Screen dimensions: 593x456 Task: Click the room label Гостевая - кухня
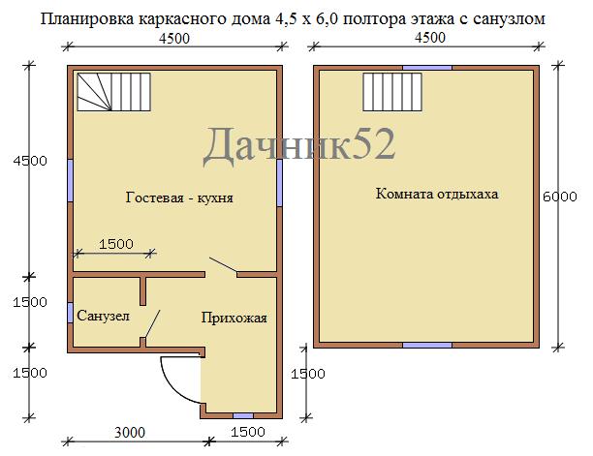[x=179, y=198]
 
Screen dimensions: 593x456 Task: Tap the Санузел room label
[x=104, y=316]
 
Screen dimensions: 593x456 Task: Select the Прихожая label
[x=234, y=318]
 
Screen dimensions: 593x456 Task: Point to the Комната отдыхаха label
[x=437, y=194]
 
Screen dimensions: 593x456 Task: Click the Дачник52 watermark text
[x=299, y=145]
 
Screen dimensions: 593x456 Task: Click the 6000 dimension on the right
[x=560, y=197]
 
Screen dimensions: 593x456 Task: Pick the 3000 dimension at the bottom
[x=130, y=432]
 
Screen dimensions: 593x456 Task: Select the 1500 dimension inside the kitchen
[x=116, y=244]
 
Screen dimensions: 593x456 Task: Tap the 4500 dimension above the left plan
[x=174, y=39]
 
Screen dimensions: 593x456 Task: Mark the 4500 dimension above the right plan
[x=430, y=38]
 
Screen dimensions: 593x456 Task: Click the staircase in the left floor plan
[x=113, y=92]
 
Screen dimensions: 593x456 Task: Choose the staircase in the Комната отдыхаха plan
[x=392, y=92]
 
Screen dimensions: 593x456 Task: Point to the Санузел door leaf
[x=152, y=323]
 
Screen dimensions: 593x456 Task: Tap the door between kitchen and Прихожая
[x=223, y=265]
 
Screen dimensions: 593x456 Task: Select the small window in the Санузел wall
[x=70, y=313]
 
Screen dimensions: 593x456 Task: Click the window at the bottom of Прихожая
[x=243, y=416]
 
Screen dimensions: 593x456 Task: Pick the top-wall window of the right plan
[x=427, y=68]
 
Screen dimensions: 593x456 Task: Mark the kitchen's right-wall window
[x=279, y=183]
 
